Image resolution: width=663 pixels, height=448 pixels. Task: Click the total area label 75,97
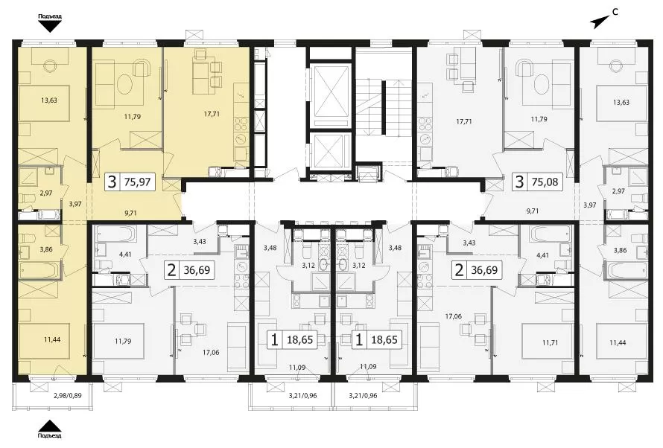tap(137, 182)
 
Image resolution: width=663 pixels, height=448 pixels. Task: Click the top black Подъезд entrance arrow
tap(49, 27)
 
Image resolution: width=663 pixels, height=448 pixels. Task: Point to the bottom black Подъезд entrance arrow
tap(49, 425)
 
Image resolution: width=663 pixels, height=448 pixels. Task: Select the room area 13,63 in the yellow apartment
tap(49, 100)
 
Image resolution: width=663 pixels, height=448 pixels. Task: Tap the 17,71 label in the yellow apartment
tap(212, 114)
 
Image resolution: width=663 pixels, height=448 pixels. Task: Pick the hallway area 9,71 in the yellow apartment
tap(130, 214)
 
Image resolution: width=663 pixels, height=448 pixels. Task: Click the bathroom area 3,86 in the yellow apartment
tap(45, 249)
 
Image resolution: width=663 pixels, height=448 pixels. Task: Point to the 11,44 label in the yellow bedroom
tap(51, 339)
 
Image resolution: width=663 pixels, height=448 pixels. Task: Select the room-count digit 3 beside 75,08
tap(520, 182)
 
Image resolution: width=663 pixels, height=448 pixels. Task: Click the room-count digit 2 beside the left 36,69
tap(171, 270)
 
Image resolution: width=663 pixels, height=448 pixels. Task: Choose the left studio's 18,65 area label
tap(299, 339)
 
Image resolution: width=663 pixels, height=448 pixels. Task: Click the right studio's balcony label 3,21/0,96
tap(363, 396)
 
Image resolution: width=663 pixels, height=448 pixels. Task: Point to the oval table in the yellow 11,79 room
tap(124, 84)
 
